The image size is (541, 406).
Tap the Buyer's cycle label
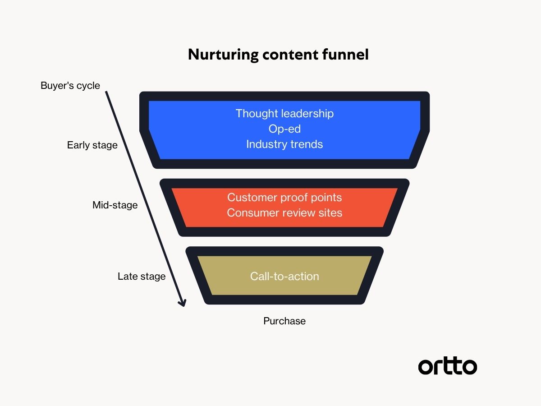(x=70, y=85)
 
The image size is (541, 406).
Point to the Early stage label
(x=92, y=145)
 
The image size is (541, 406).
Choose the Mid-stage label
(x=115, y=205)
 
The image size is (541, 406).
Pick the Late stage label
(x=142, y=276)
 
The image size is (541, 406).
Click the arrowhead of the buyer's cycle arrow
(x=182, y=303)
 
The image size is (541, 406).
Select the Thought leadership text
(x=284, y=113)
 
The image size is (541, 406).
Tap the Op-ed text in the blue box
(x=284, y=129)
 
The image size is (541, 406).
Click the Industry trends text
(x=284, y=144)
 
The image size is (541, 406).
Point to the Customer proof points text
(x=284, y=197)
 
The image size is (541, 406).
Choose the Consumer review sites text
(x=284, y=212)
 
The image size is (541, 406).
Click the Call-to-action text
(x=284, y=276)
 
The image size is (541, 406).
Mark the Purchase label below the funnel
(x=284, y=321)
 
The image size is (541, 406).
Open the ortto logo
(x=447, y=366)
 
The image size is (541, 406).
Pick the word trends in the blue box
(x=307, y=144)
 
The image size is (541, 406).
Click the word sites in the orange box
(x=330, y=212)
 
